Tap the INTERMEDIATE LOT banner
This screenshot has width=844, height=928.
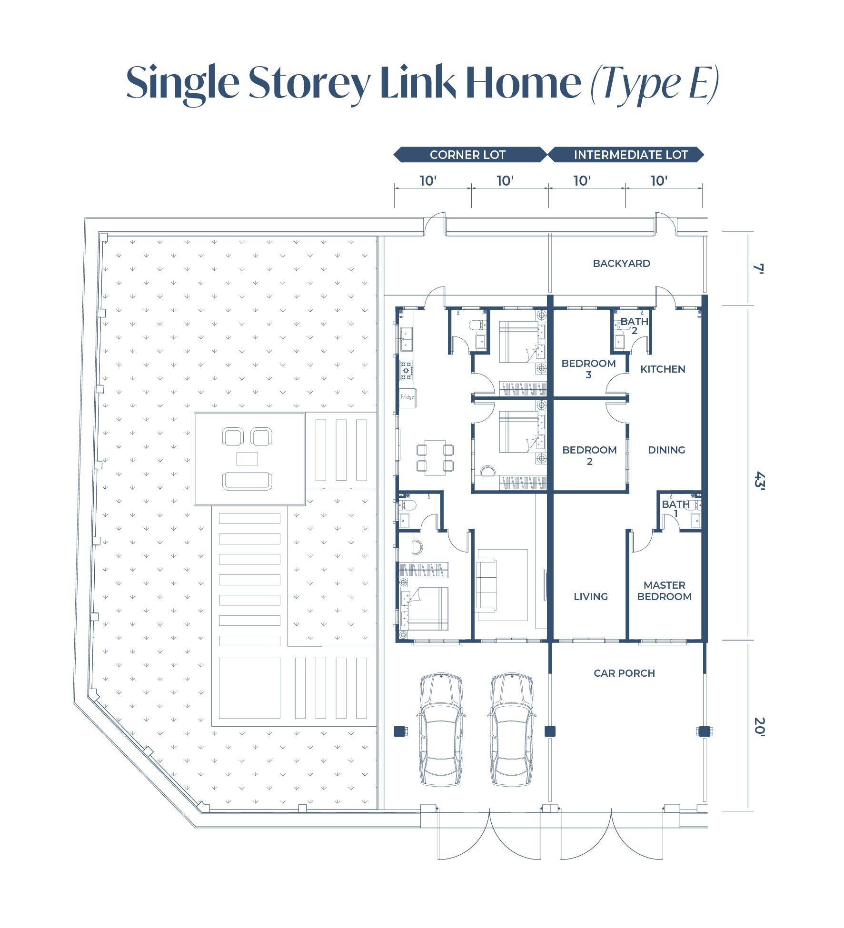click(626, 155)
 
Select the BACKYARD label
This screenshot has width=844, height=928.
click(621, 263)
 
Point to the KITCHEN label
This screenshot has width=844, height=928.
click(663, 369)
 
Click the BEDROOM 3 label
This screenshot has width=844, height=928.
click(588, 369)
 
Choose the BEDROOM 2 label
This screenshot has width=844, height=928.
click(589, 455)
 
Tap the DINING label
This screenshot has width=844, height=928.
click(666, 450)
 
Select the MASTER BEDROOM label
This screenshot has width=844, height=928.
click(664, 591)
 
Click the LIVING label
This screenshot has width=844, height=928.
click(591, 596)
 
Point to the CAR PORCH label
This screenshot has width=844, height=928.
click(624, 673)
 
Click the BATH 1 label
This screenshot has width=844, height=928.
click(675, 508)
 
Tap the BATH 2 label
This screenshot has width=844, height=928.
click(634, 326)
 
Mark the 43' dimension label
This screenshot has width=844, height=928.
click(760, 481)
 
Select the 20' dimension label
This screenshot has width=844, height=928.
click(760, 727)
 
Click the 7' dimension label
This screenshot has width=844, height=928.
click(759, 268)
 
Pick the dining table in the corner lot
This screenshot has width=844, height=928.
click(435, 458)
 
